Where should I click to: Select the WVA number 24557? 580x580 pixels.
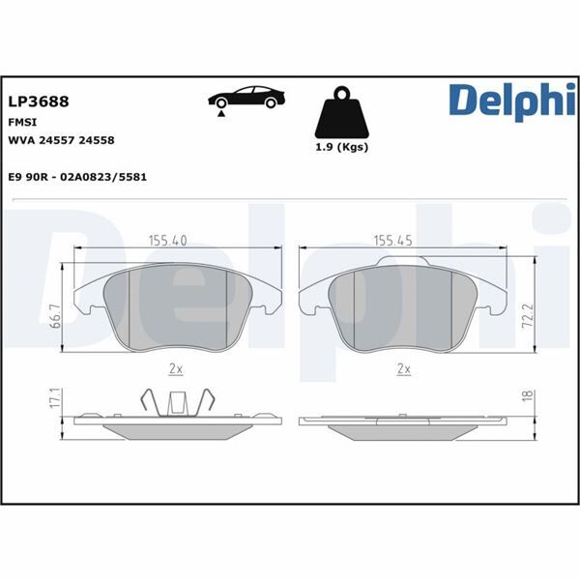[x=63, y=140]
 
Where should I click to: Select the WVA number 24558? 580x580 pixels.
[x=99, y=140]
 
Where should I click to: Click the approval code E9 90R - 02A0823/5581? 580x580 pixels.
[x=77, y=180]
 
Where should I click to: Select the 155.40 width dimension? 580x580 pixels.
[x=166, y=241]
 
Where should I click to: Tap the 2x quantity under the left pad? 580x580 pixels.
[x=176, y=368]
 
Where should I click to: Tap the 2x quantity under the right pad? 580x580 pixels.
[x=404, y=368]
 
